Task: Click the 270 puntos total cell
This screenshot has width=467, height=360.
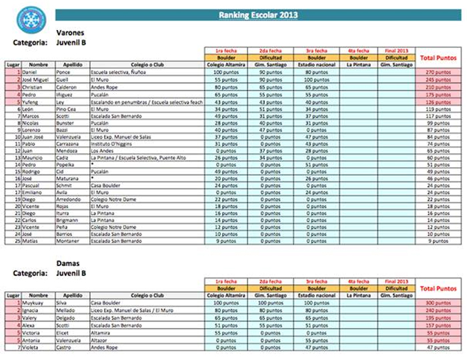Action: point(439,71)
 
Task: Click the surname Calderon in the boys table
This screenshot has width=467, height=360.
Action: point(68,87)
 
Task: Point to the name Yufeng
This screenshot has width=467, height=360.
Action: point(31,102)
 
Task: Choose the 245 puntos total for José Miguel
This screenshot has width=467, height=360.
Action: point(439,79)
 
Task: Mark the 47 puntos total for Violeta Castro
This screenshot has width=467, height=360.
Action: point(439,347)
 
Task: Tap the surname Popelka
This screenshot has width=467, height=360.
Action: point(67,164)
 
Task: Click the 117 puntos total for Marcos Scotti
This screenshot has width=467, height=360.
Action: point(439,117)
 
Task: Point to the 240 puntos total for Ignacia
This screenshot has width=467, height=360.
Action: point(439,309)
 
